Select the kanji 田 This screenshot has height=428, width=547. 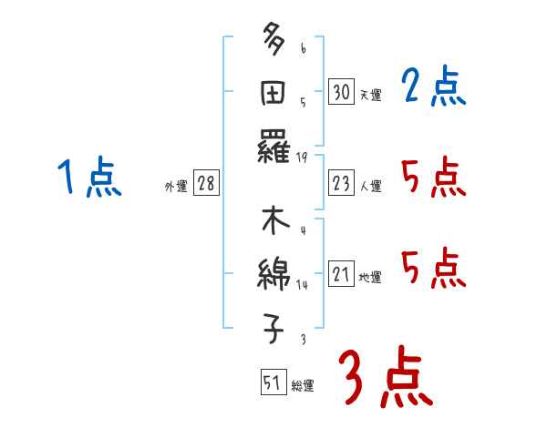273,94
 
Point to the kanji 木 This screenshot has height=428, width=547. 273,222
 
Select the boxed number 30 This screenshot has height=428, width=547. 341,92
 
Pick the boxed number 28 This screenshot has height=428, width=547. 206,184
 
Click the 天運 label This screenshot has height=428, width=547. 370,95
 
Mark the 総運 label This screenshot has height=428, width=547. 302,386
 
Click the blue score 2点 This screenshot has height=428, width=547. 433,88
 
